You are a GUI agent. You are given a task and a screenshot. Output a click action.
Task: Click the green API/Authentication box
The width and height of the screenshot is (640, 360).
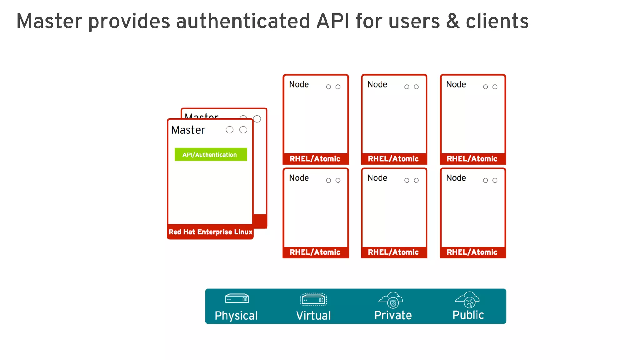click(x=211, y=154)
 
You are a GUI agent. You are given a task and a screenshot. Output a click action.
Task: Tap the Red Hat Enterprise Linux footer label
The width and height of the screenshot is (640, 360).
click(x=210, y=232)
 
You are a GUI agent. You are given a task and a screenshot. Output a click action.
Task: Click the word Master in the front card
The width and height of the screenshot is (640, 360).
click(x=188, y=130)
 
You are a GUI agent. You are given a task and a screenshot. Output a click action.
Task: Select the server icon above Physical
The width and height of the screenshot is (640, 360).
click(x=237, y=299)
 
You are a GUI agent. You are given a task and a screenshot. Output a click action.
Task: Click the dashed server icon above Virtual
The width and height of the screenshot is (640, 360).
click(x=313, y=299)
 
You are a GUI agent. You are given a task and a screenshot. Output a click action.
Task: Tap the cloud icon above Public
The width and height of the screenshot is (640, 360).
click(x=468, y=300)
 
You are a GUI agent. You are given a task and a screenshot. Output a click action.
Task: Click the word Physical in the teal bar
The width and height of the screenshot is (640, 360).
click(x=236, y=316)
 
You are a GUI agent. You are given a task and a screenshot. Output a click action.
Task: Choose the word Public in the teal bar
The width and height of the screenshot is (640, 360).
click(x=468, y=315)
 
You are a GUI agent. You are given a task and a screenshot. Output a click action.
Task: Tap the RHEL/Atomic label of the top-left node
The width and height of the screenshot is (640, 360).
click(x=315, y=159)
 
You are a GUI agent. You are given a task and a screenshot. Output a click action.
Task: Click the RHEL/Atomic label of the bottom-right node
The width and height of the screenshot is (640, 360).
click(x=472, y=252)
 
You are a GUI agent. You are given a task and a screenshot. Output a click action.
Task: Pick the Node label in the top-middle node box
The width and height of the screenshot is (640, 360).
click(x=377, y=84)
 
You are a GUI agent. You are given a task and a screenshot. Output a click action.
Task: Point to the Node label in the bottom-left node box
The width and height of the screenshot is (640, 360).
click(x=299, y=178)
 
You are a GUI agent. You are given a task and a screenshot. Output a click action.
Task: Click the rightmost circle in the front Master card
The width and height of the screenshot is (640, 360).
click(x=243, y=130)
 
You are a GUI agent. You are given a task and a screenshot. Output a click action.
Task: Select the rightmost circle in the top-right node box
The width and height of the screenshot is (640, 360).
click(x=495, y=87)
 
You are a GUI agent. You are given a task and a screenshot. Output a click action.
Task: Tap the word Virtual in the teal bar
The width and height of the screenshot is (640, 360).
click(x=313, y=316)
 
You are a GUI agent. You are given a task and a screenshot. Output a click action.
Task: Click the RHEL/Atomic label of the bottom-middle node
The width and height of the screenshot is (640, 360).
click(x=393, y=252)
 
